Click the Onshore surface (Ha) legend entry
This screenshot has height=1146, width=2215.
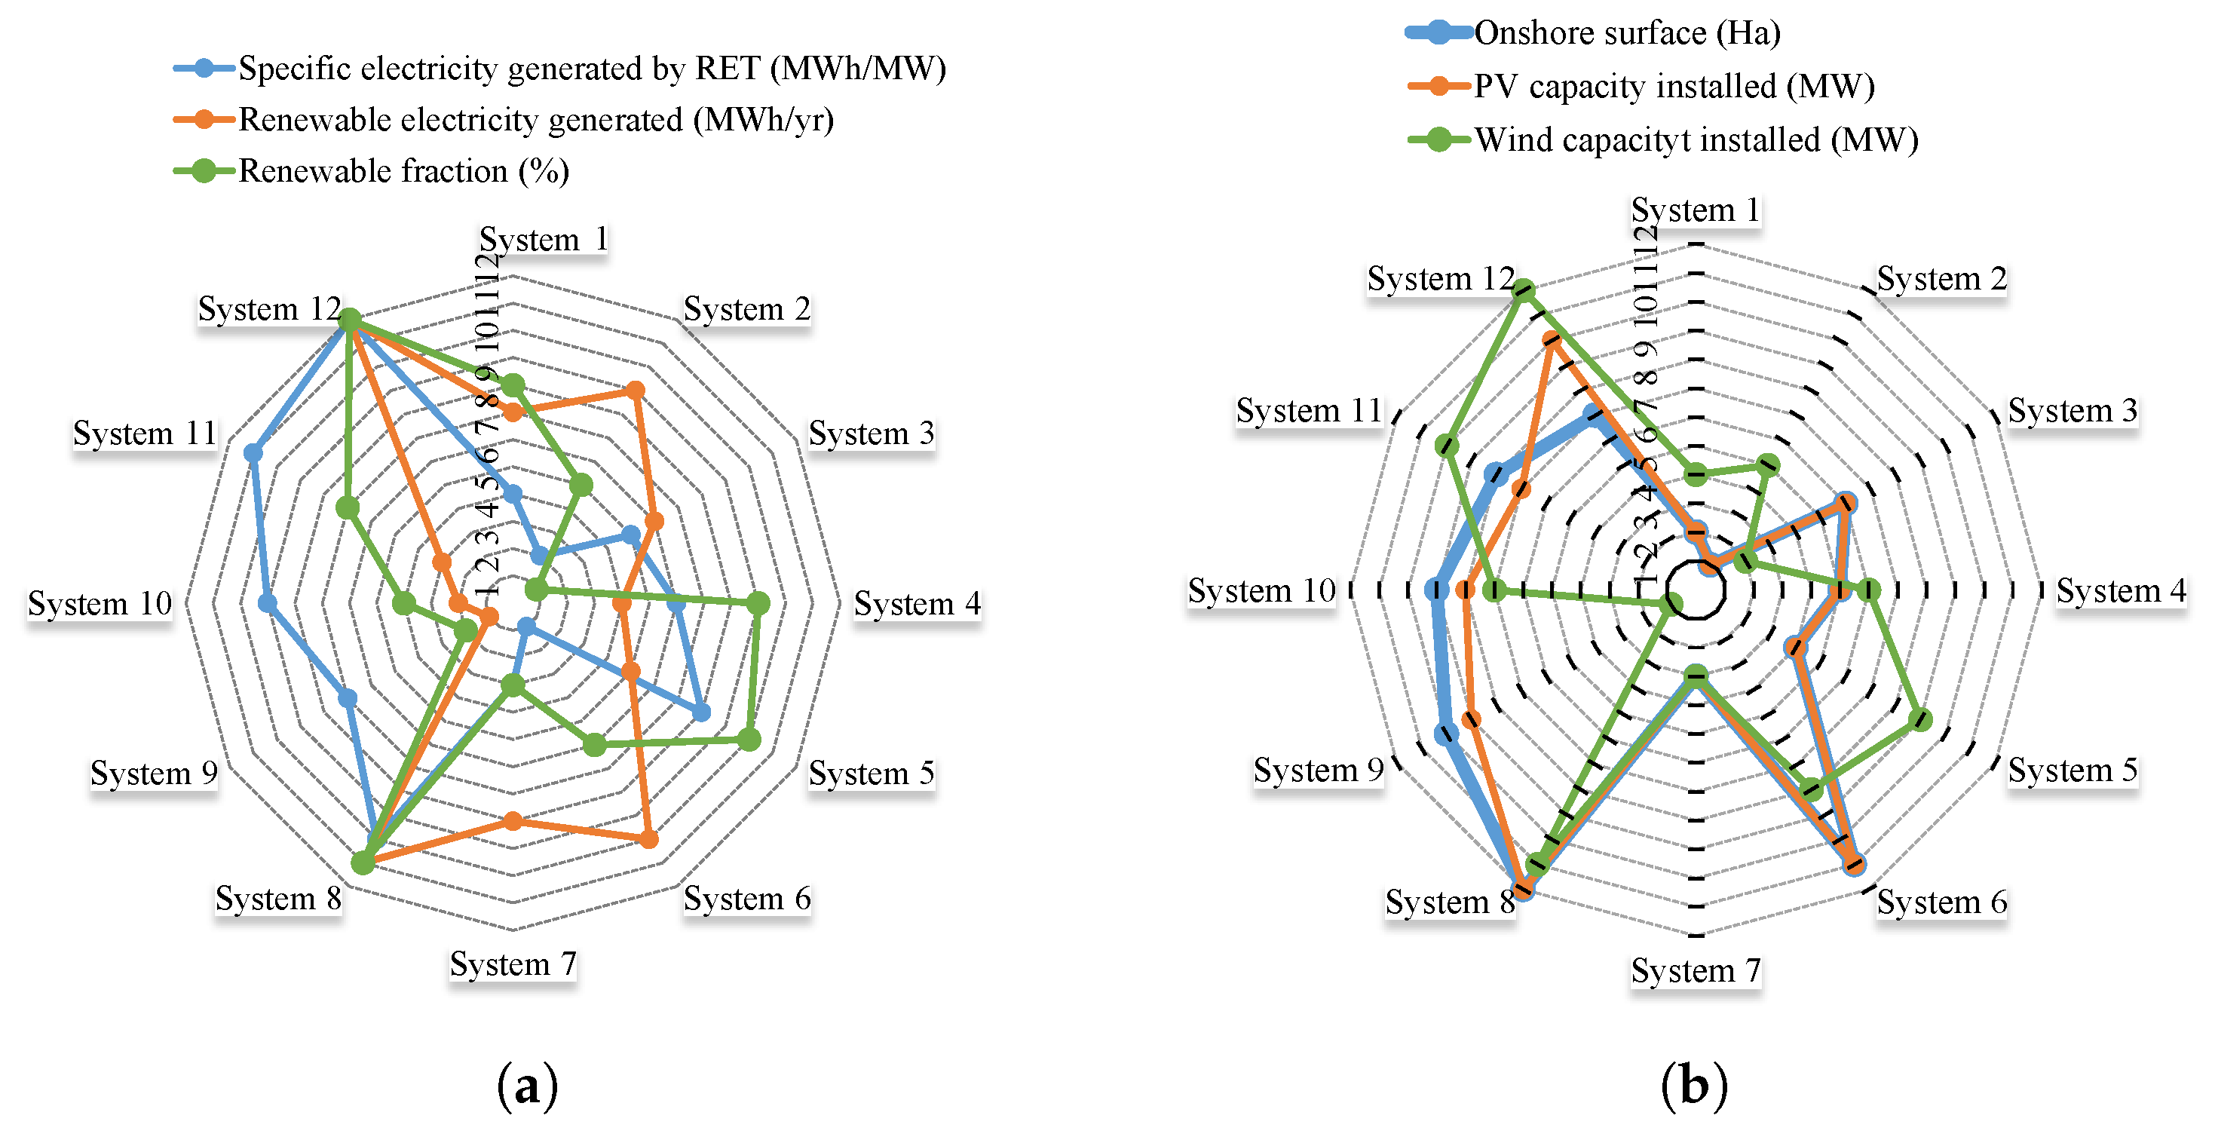1626,32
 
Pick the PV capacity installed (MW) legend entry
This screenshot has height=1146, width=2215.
1673,86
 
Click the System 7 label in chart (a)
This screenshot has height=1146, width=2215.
513,964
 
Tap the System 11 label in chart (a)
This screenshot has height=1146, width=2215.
145,434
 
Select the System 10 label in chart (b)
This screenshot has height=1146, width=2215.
1261,590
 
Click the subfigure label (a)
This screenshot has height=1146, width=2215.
527,1086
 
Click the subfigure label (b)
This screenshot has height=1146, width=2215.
1694,1086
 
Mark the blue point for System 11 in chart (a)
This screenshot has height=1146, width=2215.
253,453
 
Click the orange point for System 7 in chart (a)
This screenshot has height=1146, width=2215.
513,821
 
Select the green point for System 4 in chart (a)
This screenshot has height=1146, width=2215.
758,603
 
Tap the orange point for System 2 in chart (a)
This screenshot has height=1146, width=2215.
635,391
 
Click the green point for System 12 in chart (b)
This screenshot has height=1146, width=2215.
1524,290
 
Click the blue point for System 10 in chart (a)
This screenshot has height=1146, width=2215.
268,603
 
